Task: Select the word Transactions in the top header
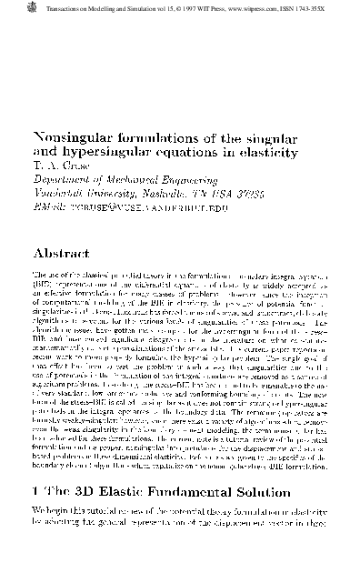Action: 40,8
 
